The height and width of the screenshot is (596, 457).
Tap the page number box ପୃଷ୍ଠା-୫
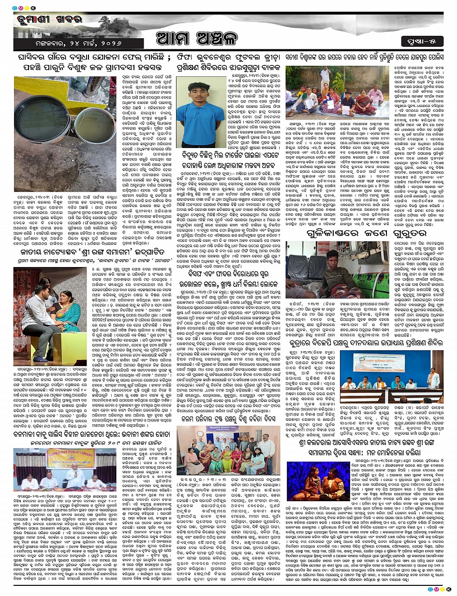[x=425, y=39]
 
